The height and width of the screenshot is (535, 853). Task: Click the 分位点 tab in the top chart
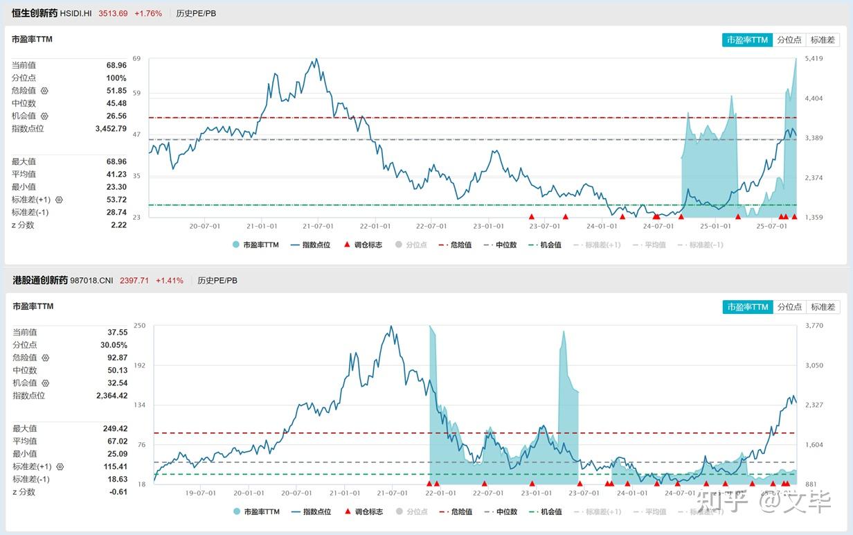tap(789, 40)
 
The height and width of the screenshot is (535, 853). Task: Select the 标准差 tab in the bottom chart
tap(823, 307)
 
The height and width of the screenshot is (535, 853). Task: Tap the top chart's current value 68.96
tap(116, 65)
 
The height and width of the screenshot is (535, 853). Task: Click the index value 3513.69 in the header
tap(113, 13)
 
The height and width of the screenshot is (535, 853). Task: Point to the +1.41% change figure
tap(170, 281)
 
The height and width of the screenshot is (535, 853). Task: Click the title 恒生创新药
tap(35, 13)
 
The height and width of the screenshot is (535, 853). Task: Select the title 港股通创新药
tap(40, 281)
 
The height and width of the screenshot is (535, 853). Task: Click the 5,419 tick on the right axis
tap(814, 59)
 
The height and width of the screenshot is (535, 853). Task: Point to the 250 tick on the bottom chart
tap(140, 326)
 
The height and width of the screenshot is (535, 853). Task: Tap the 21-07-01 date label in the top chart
tap(317, 226)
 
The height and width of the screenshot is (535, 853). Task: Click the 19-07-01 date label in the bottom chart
tap(201, 493)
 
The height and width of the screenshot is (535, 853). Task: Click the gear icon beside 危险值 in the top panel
tap(44, 91)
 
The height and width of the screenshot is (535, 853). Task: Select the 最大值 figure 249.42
tap(116, 429)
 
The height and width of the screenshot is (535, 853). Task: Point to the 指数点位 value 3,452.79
tap(111, 128)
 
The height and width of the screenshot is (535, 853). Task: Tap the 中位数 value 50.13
tap(117, 370)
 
